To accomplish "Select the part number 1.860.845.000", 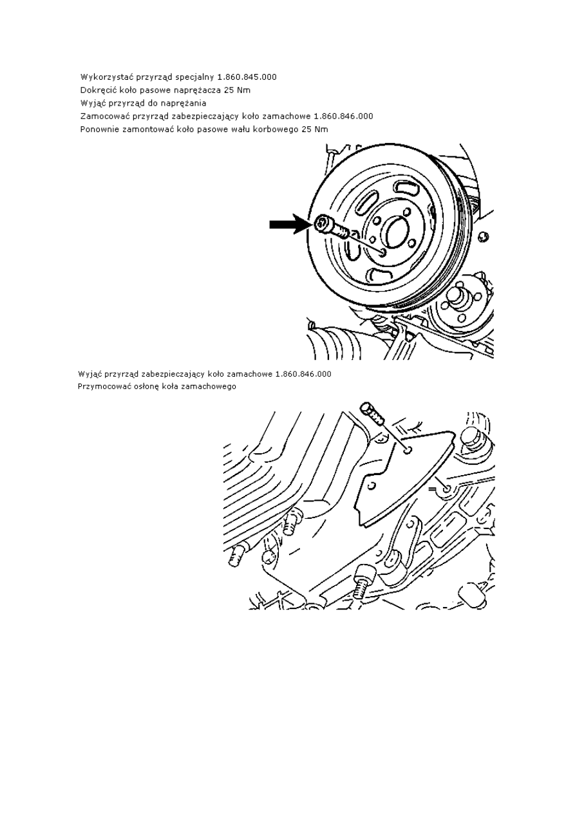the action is pos(247,77).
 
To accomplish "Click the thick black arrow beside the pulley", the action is pos(289,225).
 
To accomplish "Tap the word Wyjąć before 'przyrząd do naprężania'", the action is pos(92,104).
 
